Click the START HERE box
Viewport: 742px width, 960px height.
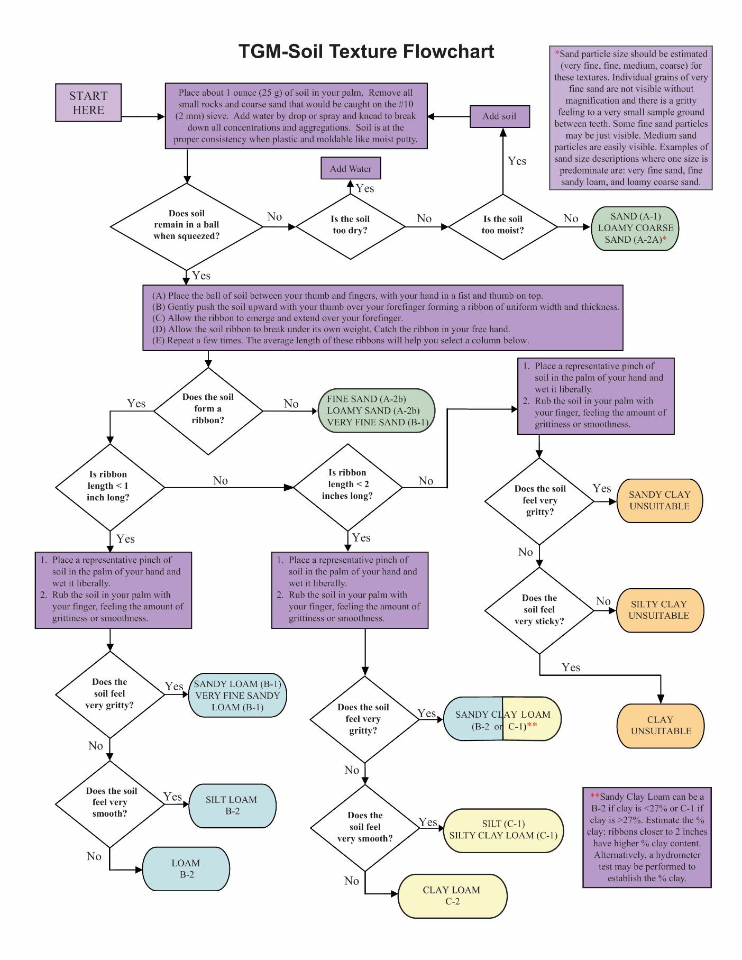(88, 103)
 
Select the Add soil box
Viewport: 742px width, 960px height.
(499, 116)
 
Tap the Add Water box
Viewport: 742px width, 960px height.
(351, 169)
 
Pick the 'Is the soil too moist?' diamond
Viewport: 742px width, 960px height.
(502, 226)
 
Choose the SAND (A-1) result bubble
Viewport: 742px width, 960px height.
(635, 228)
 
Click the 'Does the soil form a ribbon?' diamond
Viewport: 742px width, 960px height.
(208, 409)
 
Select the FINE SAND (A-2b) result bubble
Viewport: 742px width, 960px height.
(377, 410)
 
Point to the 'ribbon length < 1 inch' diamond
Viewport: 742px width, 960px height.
(109, 486)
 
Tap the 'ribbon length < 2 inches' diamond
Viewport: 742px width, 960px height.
(347, 485)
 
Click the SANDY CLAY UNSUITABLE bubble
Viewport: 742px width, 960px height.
(659, 500)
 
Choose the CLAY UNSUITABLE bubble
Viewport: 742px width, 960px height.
(661, 725)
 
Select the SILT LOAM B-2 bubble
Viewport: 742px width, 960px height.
(232, 805)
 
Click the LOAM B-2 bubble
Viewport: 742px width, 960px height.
(186, 868)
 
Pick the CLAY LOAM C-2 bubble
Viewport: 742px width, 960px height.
(452, 895)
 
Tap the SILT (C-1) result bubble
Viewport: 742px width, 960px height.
(503, 830)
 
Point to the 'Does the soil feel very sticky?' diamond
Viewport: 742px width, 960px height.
(539, 610)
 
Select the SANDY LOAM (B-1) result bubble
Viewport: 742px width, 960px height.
(237, 695)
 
